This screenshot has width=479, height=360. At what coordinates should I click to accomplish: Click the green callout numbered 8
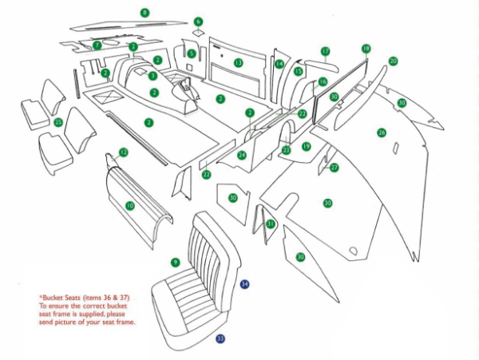pos(144,13)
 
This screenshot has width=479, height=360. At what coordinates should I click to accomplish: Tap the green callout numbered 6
pos(198,22)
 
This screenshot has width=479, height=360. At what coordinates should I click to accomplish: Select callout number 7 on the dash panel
pos(97,45)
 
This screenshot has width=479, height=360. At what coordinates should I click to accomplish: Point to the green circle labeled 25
pos(57,122)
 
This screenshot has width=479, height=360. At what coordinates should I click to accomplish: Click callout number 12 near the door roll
pos(123,152)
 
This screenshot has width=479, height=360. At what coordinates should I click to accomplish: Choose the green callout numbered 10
pos(129,206)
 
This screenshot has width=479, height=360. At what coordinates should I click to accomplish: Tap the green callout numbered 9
pos(175,262)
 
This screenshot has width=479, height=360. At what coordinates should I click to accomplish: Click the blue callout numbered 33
pos(220,338)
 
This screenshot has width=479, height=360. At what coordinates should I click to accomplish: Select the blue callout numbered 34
pos(245,284)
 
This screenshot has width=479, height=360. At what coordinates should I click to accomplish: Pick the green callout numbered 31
pos(271,224)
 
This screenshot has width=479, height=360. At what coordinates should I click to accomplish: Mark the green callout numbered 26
pos(382,132)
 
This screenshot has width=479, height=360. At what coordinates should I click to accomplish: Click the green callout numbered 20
pos(393,61)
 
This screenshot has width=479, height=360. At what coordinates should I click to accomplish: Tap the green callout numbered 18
pos(366,49)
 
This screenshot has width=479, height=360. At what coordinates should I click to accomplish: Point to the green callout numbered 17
pos(325,51)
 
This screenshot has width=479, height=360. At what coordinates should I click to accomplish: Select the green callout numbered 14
pos(279,64)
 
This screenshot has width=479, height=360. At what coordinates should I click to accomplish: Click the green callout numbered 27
pos(335,168)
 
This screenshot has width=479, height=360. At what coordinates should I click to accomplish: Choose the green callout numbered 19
pos(306,146)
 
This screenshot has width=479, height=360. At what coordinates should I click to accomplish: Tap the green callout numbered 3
pos(153,76)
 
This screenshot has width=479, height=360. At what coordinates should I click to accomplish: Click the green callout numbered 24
pos(242,155)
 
